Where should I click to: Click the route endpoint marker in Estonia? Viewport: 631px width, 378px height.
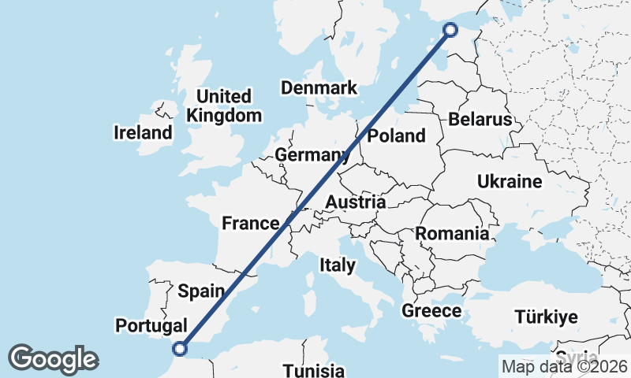point(450,30)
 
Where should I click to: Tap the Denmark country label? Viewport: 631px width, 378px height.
point(319,87)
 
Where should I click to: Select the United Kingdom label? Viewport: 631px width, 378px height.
point(224,106)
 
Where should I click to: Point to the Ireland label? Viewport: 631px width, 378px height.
point(143,132)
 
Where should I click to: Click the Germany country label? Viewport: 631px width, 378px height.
point(312,155)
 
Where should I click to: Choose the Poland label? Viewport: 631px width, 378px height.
point(397,135)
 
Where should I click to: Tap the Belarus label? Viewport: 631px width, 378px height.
point(480,120)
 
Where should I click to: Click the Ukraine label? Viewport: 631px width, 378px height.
point(510,182)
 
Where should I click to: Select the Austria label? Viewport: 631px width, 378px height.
point(355,202)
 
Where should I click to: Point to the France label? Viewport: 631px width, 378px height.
point(251,223)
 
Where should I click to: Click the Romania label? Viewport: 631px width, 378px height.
point(452,233)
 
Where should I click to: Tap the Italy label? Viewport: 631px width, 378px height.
point(337,265)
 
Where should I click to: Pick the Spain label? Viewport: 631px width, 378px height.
point(201,291)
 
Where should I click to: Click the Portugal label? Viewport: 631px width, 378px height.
point(151,325)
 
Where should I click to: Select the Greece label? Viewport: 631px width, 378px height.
point(431,311)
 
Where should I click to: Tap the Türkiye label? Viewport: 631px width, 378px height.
point(546,317)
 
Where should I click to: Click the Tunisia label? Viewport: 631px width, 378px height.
point(314,370)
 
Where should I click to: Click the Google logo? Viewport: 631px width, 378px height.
point(53,359)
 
